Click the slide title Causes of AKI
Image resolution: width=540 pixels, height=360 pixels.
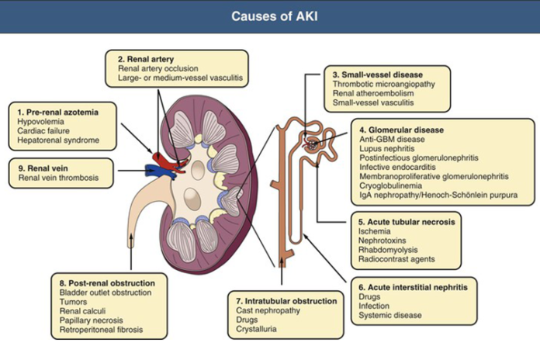pos(269,16)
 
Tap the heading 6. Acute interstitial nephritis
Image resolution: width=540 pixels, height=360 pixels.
pos(419,287)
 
